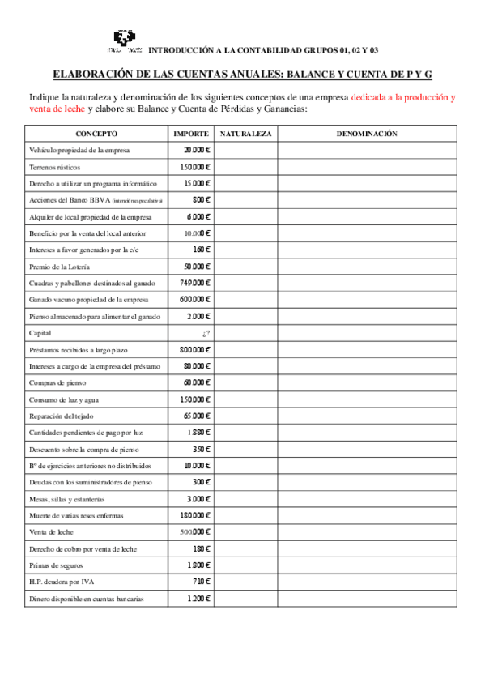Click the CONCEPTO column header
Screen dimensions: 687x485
pos(97,134)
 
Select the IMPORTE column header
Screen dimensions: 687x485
pos(192,134)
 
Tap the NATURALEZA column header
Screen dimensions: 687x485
pos(245,134)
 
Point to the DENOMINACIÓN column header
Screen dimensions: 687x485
pos(366,134)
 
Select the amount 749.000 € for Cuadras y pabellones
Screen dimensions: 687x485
pos(195,283)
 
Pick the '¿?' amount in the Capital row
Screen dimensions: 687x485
pos(206,333)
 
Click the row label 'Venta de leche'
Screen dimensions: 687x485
pos(52,532)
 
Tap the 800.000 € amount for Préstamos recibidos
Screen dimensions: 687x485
pos(195,349)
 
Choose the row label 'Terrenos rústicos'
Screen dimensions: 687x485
pos(54,167)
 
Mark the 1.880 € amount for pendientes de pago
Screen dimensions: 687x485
pos(198,433)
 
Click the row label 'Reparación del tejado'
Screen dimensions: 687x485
pos(62,416)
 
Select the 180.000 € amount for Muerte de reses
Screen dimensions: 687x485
pos(195,515)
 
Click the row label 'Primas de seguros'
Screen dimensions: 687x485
pos(56,565)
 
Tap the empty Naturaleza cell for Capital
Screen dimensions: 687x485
pos(245,333)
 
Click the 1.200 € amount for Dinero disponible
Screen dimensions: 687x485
pos(198,599)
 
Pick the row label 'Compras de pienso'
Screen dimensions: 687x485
pos(57,382)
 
